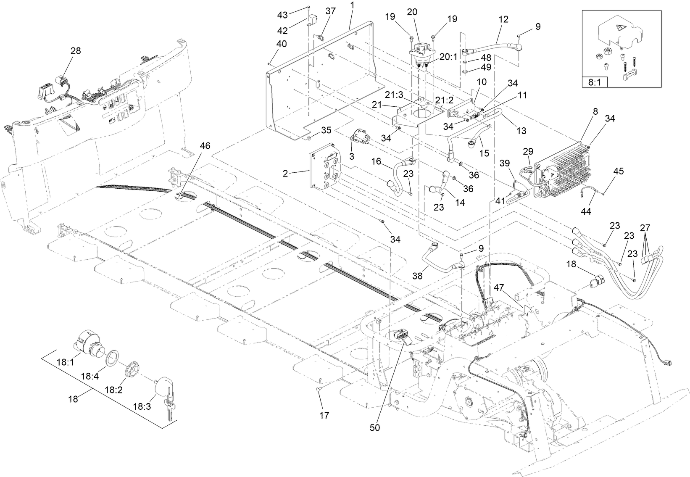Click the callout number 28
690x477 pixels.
tap(76, 50)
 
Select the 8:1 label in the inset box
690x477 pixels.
tap(595, 83)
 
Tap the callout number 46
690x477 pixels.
tap(205, 146)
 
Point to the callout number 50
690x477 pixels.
tap(375, 427)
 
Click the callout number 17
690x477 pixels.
tap(324, 416)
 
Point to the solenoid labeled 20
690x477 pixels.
tap(420, 53)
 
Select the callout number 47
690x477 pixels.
tap(499, 288)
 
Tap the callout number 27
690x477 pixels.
tap(645, 228)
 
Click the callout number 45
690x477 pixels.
tap(619, 171)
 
